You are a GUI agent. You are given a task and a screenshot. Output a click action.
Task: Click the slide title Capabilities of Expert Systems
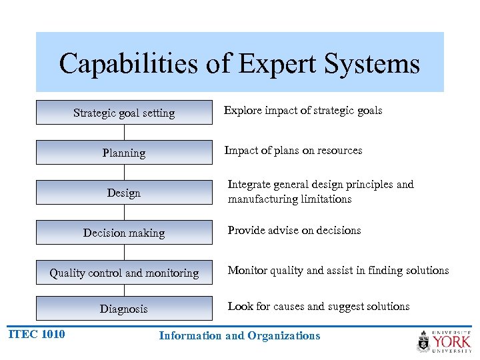(x=239, y=64)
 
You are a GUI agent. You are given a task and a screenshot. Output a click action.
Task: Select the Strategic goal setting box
(x=124, y=113)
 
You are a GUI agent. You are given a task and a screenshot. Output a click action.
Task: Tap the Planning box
(x=124, y=153)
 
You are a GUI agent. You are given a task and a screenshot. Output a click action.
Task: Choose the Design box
(x=124, y=193)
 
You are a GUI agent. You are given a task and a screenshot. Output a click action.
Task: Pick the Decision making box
(x=124, y=233)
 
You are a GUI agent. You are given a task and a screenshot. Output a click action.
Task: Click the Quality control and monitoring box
(x=124, y=273)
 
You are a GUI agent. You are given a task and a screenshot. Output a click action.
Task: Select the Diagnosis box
(x=124, y=309)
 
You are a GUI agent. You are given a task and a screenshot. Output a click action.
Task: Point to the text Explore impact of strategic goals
(x=303, y=111)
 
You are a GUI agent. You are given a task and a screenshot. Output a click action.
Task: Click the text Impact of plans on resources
(x=293, y=151)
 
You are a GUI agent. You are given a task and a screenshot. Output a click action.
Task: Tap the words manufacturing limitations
(x=289, y=199)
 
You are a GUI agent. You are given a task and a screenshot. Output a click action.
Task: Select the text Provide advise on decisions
(x=294, y=231)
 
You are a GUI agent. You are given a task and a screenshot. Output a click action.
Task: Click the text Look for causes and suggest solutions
(x=318, y=307)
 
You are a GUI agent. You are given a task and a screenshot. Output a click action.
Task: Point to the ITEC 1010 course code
(x=37, y=334)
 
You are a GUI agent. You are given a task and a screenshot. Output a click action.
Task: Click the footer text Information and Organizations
(x=239, y=336)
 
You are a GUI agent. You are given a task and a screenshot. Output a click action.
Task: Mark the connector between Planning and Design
(x=124, y=173)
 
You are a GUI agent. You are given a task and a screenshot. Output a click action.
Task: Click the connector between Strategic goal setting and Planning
(x=124, y=133)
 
